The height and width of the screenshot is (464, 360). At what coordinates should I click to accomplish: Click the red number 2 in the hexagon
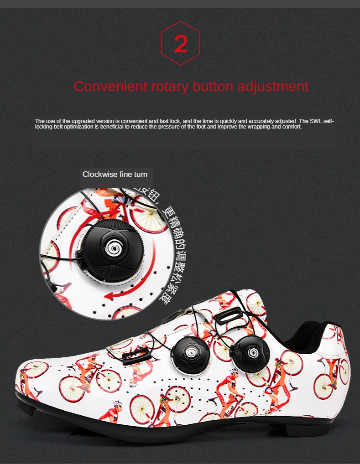tap(181, 44)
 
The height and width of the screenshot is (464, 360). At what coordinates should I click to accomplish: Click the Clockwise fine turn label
tap(115, 174)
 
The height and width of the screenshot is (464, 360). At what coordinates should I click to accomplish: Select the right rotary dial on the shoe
tap(249, 352)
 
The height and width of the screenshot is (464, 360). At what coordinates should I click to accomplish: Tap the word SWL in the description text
tap(316, 121)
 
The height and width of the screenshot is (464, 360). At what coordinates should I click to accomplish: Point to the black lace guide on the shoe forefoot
tap(136, 355)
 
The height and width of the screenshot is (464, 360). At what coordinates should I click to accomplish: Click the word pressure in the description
tap(167, 126)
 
